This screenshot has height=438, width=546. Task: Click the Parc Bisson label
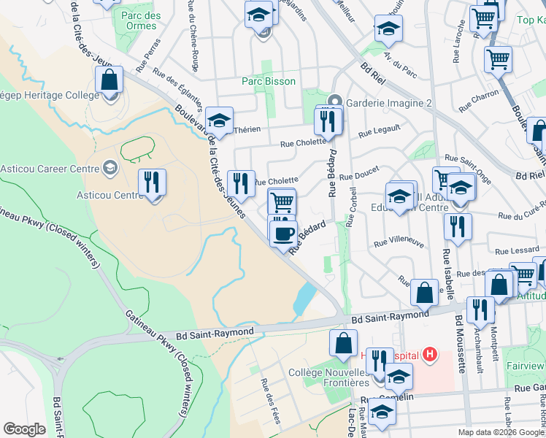click(269, 81)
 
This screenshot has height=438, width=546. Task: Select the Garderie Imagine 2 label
click(389, 103)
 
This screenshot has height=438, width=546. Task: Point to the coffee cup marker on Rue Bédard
click(283, 234)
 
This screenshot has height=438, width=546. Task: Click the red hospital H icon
click(430, 356)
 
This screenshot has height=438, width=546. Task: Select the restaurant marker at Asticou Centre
click(152, 182)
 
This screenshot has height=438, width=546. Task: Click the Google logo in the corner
click(24, 429)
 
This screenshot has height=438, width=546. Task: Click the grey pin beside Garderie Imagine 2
click(334, 101)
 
